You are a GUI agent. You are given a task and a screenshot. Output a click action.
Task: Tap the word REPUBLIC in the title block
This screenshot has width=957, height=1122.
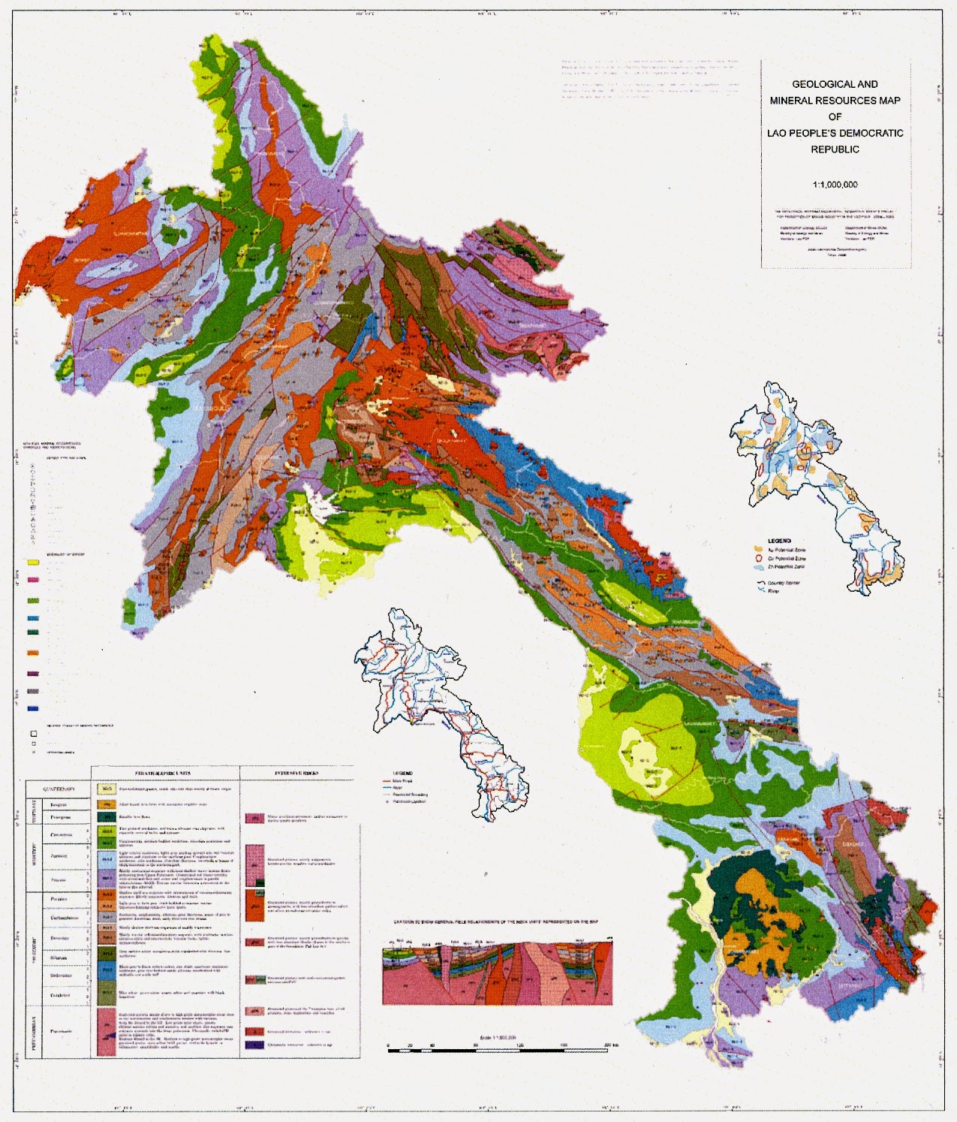(x=835, y=149)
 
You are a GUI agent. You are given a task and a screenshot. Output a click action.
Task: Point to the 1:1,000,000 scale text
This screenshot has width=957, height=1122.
(x=835, y=185)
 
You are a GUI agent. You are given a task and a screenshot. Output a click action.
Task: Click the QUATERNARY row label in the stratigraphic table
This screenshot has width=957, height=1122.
(x=59, y=789)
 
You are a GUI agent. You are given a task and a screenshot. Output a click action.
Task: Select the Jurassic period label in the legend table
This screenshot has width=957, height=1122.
(x=59, y=856)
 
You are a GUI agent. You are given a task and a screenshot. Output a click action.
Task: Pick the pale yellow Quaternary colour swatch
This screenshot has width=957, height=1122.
(x=107, y=789)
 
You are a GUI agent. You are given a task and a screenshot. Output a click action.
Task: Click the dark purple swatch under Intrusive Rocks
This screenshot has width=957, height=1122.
(x=255, y=1045)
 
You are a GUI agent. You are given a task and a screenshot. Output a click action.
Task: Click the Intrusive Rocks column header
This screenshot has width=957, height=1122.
(x=296, y=773)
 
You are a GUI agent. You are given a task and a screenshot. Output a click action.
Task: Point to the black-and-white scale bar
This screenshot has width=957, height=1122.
(x=500, y=1049)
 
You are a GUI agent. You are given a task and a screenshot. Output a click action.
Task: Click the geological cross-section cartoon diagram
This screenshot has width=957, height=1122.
(x=498, y=972)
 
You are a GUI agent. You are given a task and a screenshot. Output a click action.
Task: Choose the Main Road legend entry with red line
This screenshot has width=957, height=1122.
(x=402, y=780)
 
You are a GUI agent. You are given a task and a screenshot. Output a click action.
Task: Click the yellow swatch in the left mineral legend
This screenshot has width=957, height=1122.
(x=33, y=563)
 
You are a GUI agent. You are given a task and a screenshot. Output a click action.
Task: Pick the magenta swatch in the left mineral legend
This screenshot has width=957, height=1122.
(x=33, y=580)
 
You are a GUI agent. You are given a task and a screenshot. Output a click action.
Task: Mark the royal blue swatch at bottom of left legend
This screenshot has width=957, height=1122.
(x=33, y=708)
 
